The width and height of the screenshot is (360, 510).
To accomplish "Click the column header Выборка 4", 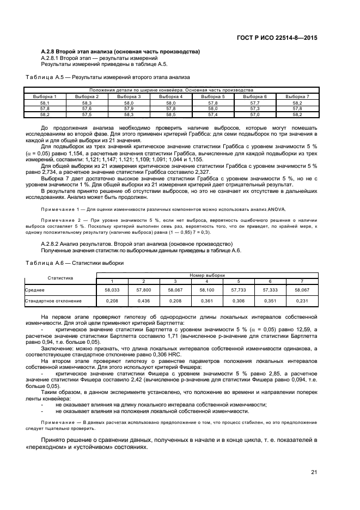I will (170, 97).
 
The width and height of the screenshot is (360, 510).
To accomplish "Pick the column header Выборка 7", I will (297, 97).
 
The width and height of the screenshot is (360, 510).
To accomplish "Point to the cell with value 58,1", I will (45, 103).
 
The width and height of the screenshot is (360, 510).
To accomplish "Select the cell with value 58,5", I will (170, 115).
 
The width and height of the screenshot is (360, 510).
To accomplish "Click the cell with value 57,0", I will (255, 115).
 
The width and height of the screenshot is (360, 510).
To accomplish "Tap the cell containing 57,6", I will (87, 109).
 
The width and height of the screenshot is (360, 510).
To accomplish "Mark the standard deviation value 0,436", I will (143, 300).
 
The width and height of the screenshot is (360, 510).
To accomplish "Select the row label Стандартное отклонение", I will (53, 300).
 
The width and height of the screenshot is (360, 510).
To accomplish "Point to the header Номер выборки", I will (206, 276).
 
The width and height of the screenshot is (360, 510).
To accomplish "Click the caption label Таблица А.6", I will (40, 263).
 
